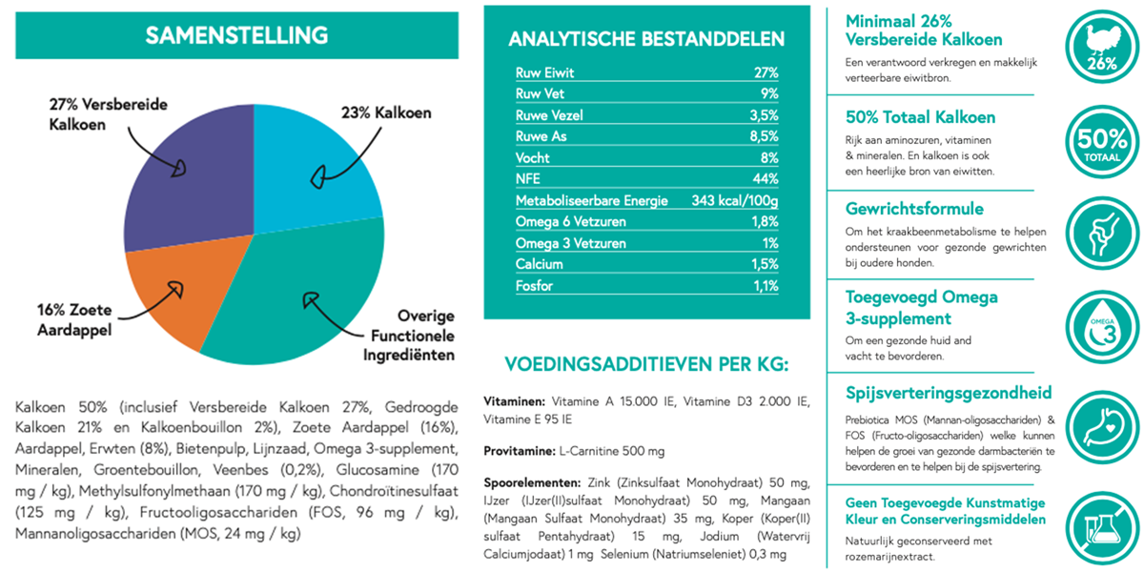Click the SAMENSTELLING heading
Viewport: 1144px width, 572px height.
tap(236, 35)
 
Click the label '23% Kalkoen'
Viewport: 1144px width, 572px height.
tap(386, 112)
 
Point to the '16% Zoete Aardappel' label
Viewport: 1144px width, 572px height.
tap(74, 319)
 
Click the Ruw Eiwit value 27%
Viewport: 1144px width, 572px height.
tap(766, 73)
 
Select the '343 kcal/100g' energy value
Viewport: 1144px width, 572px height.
tap(735, 201)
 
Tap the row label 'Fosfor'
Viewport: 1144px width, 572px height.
tap(534, 286)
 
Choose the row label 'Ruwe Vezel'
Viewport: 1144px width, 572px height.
tap(549, 115)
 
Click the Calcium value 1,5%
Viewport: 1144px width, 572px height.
tap(765, 265)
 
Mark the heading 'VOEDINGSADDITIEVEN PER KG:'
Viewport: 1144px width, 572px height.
tap(646, 364)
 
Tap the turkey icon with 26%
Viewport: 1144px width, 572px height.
tap(1102, 47)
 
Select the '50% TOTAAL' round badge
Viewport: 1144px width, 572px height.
tap(1102, 142)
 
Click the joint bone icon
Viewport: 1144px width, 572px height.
tap(1102, 234)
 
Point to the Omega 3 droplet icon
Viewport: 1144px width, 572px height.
tap(1102, 327)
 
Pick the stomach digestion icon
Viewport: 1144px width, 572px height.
tap(1102, 427)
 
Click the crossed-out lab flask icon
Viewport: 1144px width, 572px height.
tap(1102, 528)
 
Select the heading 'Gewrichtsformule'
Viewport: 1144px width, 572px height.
tap(914, 209)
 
